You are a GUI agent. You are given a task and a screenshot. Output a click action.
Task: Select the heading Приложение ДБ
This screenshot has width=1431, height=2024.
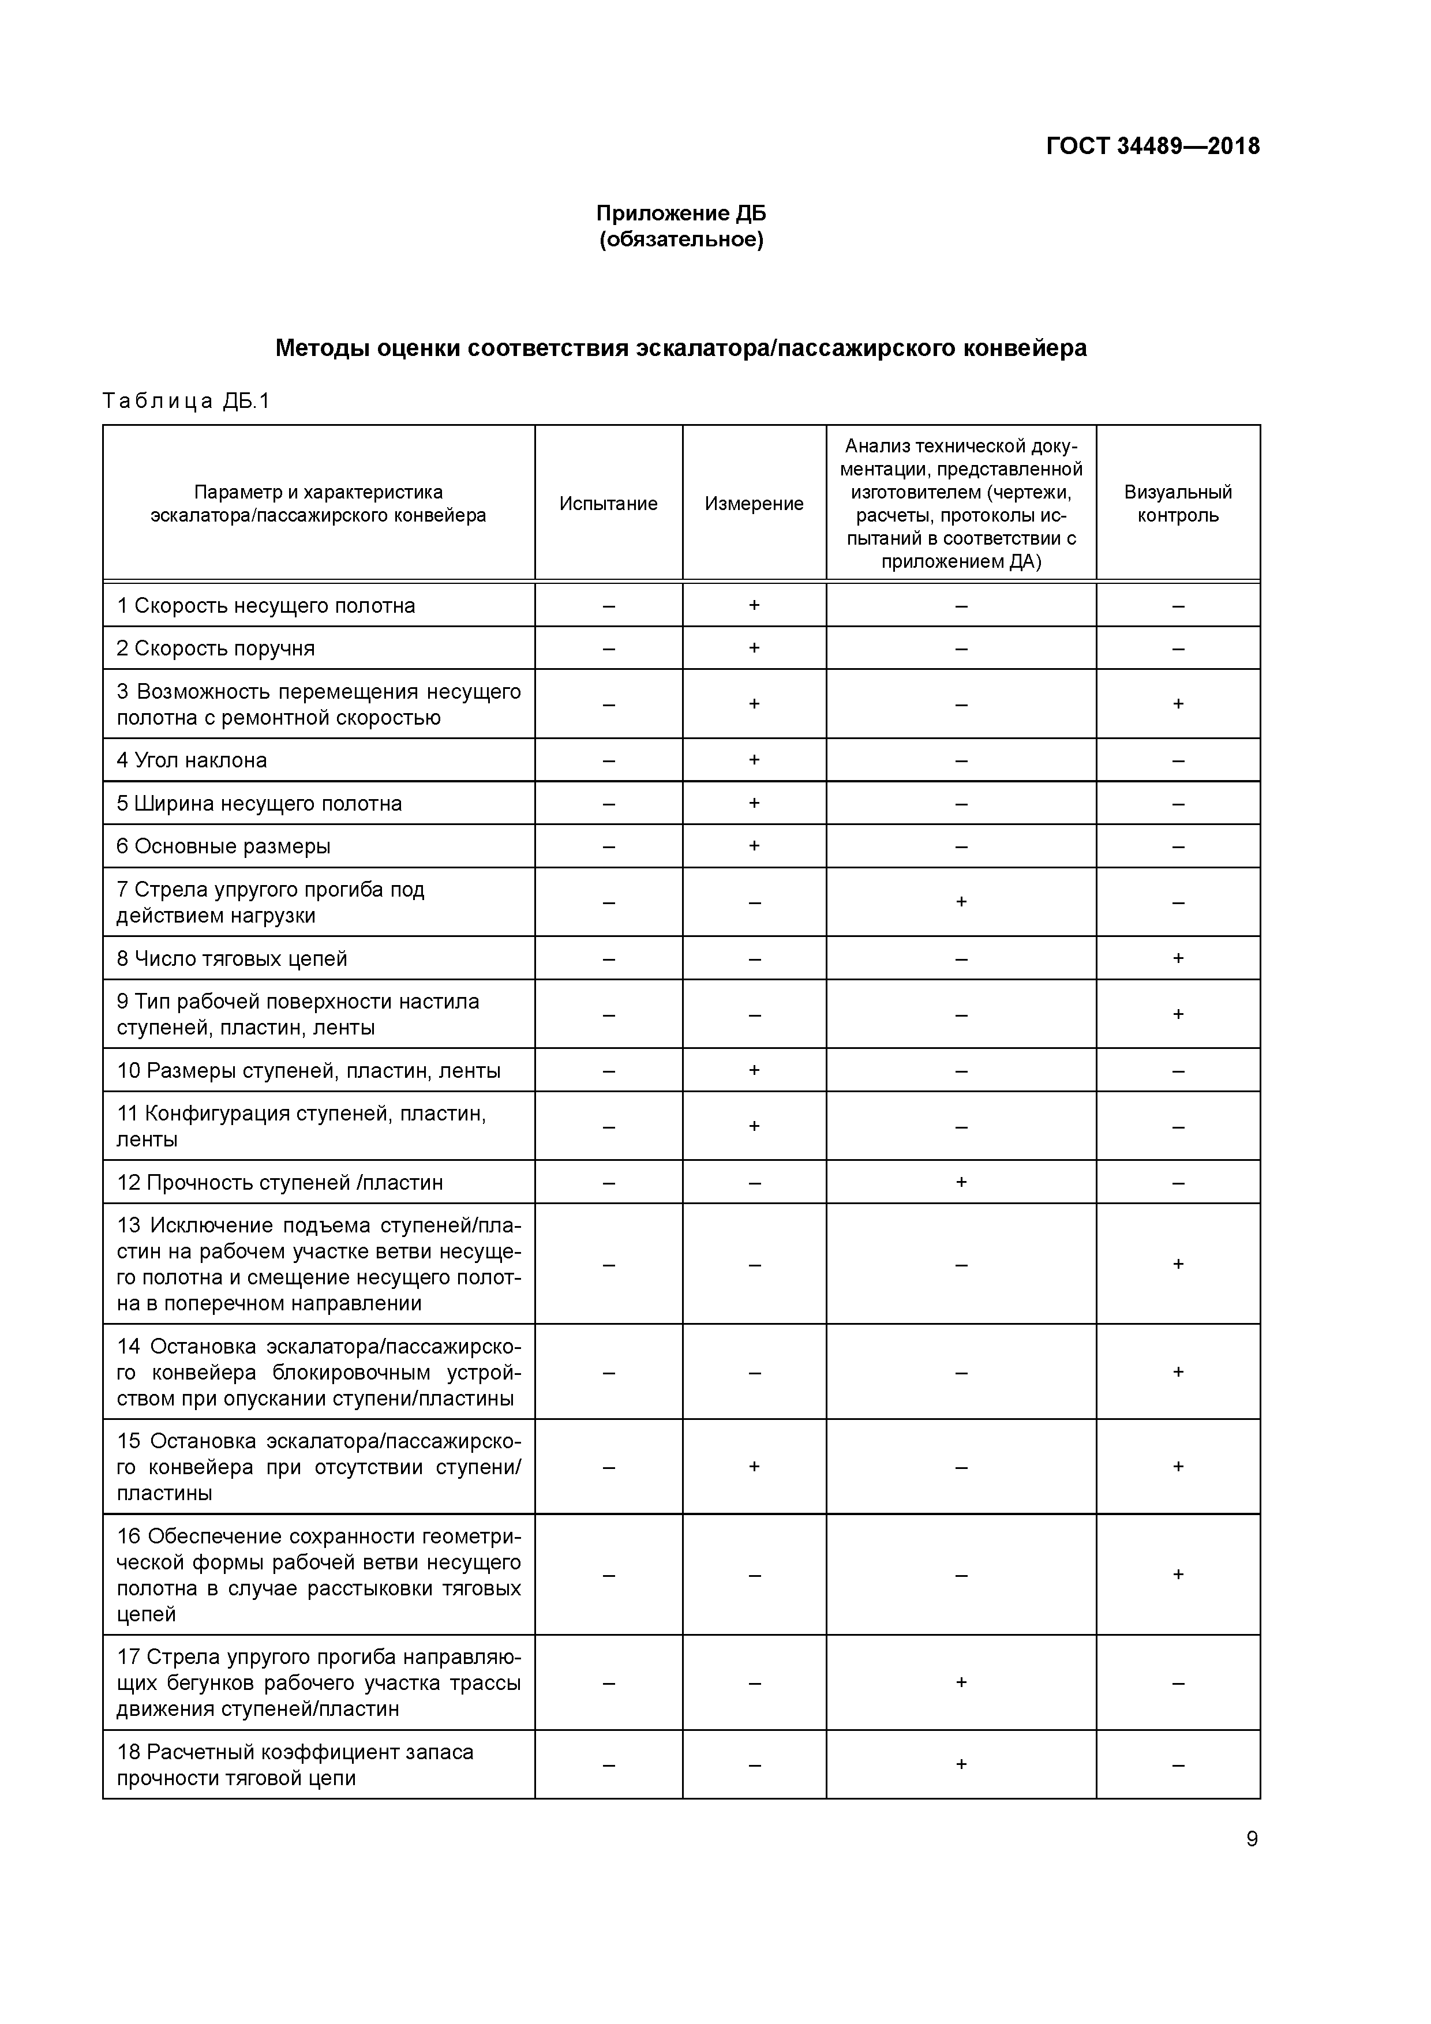(x=681, y=213)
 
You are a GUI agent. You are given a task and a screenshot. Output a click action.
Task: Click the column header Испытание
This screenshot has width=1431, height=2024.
(x=608, y=503)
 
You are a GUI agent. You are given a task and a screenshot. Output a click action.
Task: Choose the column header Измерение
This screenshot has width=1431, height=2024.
(x=754, y=503)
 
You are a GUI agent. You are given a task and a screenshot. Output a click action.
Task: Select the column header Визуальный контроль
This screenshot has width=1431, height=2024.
(x=1178, y=503)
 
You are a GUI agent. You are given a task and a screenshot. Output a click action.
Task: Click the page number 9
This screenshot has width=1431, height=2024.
(x=1251, y=1839)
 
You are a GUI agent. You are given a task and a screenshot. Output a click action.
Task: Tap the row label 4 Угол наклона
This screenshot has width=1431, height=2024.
(x=192, y=760)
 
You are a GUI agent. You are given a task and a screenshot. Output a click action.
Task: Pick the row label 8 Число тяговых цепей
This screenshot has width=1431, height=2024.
(x=232, y=958)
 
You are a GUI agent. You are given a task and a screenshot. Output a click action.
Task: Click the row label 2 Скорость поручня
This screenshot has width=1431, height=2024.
(x=215, y=648)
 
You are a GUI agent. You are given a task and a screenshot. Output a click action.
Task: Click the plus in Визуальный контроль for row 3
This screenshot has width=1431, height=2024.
(x=1178, y=703)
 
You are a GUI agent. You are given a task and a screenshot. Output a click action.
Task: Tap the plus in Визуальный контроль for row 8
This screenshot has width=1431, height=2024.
(x=1178, y=958)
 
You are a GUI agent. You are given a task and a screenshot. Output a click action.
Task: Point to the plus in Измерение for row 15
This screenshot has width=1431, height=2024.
(x=754, y=1466)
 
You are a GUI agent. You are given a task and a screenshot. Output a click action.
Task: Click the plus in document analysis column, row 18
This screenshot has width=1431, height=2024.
(x=961, y=1764)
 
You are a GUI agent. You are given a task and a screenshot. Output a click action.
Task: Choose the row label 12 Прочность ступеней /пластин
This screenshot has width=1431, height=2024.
(x=279, y=1182)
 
